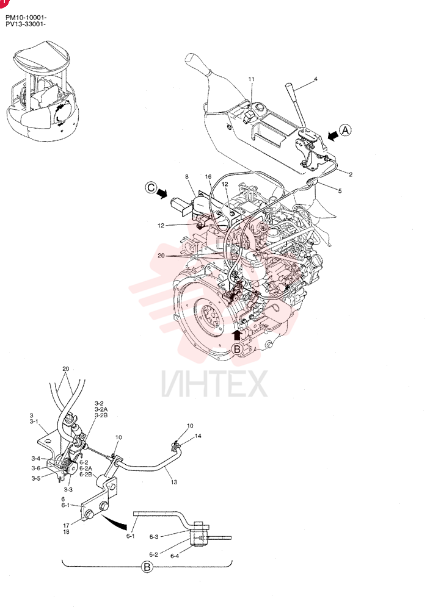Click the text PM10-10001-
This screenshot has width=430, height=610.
[26, 18]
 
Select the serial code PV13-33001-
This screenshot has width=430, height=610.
[26, 24]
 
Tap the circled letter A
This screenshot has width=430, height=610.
[345, 131]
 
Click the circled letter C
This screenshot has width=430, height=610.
[151, 188]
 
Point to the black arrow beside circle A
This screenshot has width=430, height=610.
[333, 135]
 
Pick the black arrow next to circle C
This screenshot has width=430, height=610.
[162, 192]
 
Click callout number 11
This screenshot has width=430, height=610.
[251, 79]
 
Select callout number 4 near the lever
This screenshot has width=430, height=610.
[316, 79]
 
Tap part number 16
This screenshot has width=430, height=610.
[208, 177]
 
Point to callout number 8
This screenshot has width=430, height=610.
[187, 177]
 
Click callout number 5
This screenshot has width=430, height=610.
[340, 191]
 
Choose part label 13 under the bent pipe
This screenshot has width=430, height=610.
[173, 482]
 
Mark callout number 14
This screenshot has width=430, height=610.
[198, 436]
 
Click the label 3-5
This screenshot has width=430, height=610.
[36, 478]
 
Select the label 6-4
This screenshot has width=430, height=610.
[175, 556]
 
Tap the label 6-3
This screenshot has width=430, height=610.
[154, 537]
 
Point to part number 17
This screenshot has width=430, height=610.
[66, 526]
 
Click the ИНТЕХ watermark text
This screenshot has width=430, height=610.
[214, 384]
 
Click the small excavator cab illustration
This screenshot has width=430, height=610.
[42, 90]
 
